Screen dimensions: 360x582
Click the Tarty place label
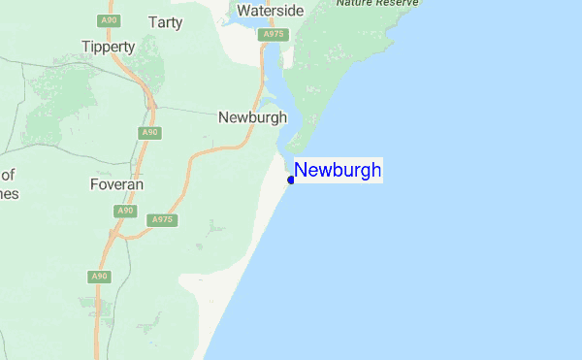(x=166, y=21)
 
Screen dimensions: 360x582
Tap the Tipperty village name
(x=108, y=47)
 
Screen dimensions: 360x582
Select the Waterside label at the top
(x=271, y=12)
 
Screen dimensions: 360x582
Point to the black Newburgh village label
(x=253, y=117)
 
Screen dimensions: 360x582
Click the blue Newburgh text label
(x=338, y=171)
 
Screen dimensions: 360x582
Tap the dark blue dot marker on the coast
(x=291, y=180)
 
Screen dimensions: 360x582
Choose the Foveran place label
(x=116, y=183)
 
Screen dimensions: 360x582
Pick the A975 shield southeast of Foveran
(x=161, y=221)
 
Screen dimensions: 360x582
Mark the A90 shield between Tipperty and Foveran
(x=148, y=132)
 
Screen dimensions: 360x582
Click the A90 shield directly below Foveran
(x=124, y=211)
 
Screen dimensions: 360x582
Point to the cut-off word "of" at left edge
(x=9, y=175)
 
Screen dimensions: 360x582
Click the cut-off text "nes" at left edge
(x=10, y=192)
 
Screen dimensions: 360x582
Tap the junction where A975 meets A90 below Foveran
(x=114, y=234)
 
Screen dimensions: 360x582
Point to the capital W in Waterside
(x=245, y=12)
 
